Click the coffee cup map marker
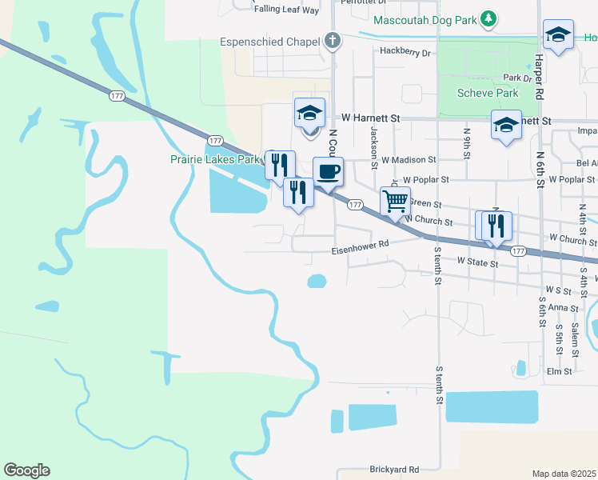(x=328, y=171)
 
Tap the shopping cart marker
(x=395, y=202)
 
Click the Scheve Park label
(x=488, y=93)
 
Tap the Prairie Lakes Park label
(x=216, y=159)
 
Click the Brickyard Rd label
(x=394, y=470)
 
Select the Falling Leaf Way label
(x=286, y=10)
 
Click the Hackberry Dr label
(x=405, y=52)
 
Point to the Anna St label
(x=563, y=307)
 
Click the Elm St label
(x=559, y=371)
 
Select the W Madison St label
(x=408, y=160)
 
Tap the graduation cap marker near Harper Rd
(x=558, y=34)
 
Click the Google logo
(x=26, y=470)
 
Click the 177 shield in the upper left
(x=117, y=95)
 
